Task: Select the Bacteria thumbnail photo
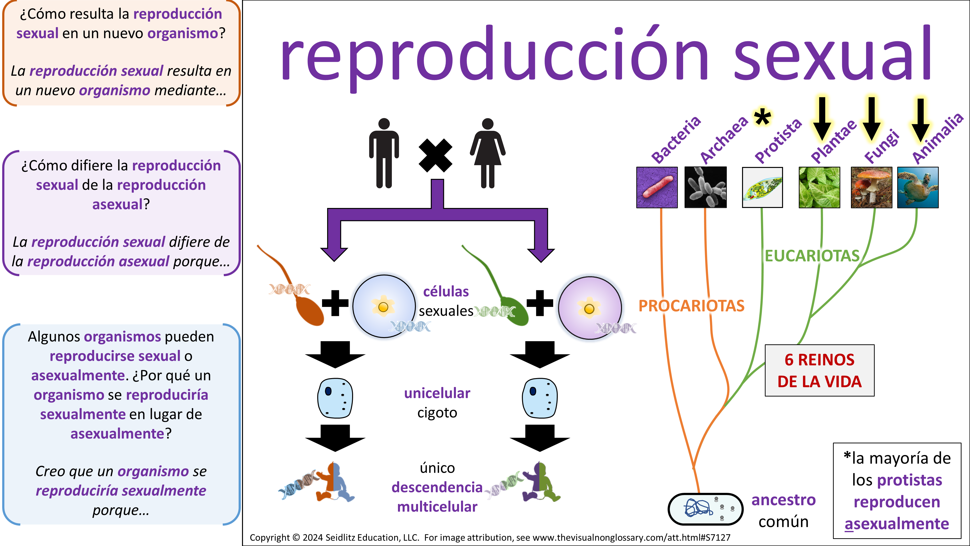(657, 187)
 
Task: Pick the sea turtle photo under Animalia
(918, 187)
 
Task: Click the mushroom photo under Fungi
(871, 187)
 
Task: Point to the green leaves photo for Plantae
(819, 187)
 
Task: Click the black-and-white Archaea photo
(705, 187)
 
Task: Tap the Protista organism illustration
(762, 187)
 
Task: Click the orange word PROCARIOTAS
(691, 306)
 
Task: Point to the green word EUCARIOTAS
(812, 256)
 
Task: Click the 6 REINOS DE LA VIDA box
(819, 370)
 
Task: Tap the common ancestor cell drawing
(705, 509)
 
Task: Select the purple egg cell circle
(590, 308)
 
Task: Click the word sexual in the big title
(832, 55)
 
